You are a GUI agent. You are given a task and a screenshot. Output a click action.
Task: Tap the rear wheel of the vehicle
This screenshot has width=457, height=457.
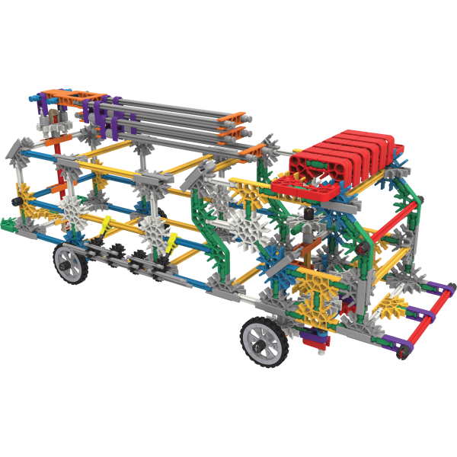click(69, 264)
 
